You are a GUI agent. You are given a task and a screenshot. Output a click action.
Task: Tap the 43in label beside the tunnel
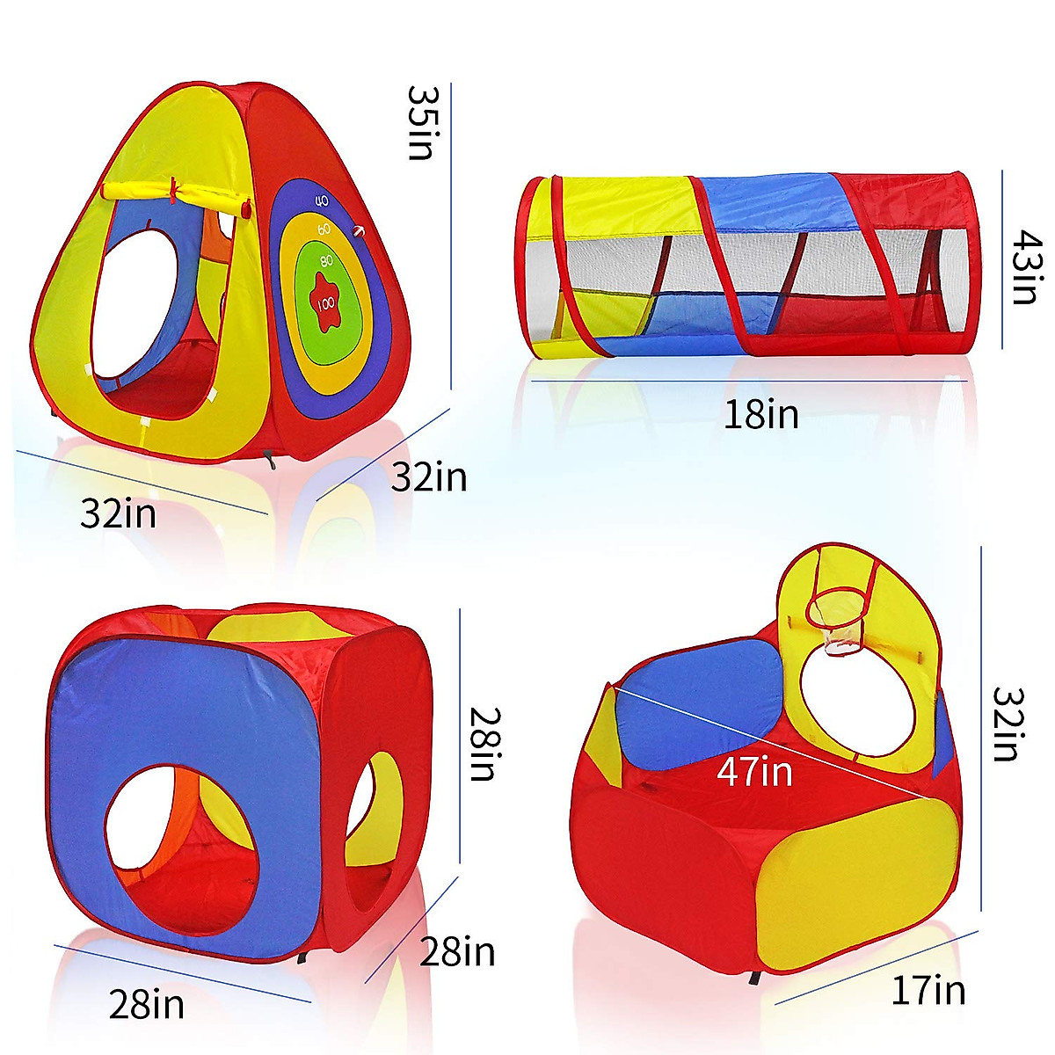[x=1025, y=266]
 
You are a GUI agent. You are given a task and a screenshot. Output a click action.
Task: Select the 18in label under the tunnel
[x=761, y=414]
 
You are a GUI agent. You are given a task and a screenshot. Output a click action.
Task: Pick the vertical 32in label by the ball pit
[x=1008, y=724]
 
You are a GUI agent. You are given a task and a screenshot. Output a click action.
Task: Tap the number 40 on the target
[x=323, y=201]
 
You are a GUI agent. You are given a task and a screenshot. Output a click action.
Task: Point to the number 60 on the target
[x=324, y=229]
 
